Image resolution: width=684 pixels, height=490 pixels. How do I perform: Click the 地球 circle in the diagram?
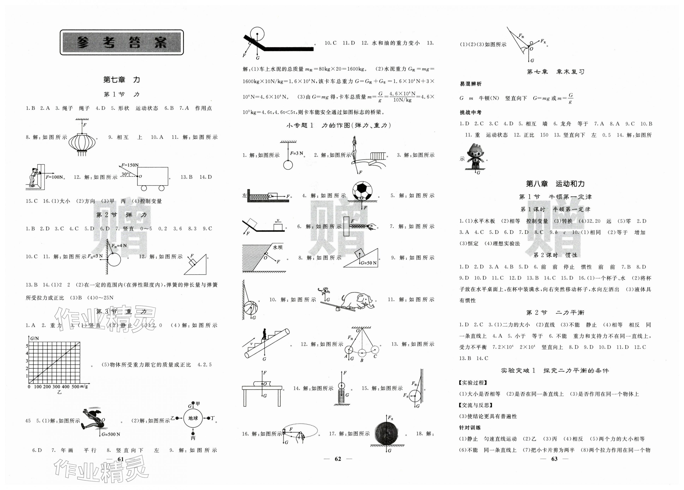pyautogui.click(x=193, y=418)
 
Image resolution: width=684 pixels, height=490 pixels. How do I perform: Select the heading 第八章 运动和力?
pyautogui.click(x=555, y=184)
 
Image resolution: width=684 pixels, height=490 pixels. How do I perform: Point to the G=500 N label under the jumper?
pyautogui.click(x=111, y=434)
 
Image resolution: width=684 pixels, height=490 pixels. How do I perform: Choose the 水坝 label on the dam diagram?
pyautogui.click(x=278, y=247)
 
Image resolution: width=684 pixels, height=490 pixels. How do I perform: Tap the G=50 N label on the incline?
pyautogui.click(x=369, y=263)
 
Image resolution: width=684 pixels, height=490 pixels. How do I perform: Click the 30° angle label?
pyautogui.click(x=125, y=174)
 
